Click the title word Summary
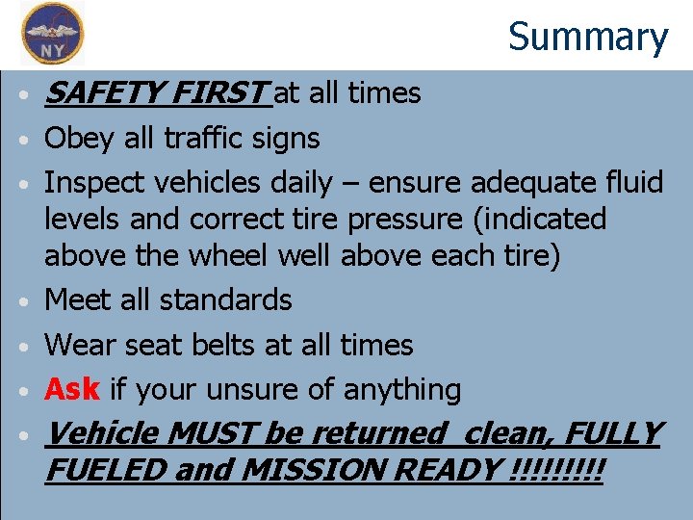(x=588, y=38)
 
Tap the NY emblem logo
(x=53, y=33)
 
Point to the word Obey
(x=78, y=139)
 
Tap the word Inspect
(x=101, y=183)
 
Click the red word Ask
(x=72, y=389)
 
